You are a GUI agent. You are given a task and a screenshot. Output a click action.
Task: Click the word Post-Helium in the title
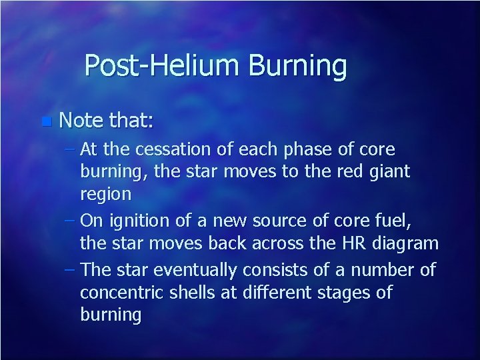coord(163,66)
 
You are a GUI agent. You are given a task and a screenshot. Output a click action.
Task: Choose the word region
coord(105,194)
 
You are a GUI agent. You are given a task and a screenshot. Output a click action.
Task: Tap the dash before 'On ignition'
coord(72,218)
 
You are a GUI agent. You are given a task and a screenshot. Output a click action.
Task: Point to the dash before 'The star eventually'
coord(72,269)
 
